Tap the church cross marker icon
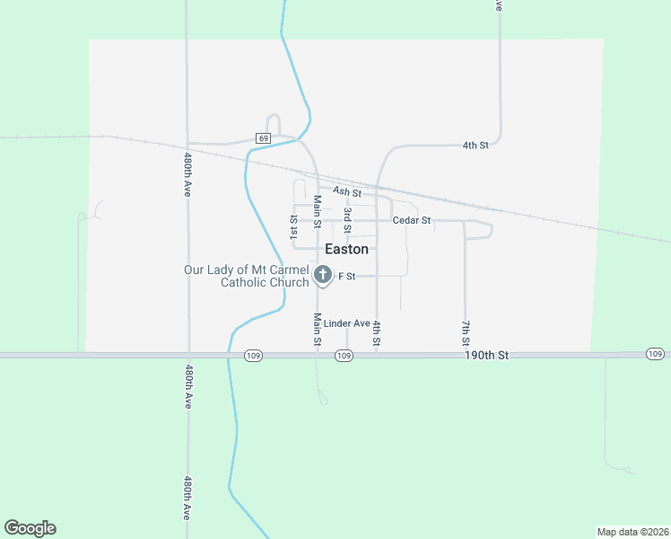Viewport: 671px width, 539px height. coord(322,276)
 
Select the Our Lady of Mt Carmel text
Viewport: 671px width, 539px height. coord(246,269)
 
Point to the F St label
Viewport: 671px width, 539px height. coord(347,276)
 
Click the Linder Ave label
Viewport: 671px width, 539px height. coord(347,323)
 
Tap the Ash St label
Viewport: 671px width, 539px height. coord(346,191)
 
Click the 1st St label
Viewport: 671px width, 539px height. coord(293,226)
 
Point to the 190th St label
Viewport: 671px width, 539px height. coord(487,356)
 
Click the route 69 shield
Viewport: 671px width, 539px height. coord(262,137)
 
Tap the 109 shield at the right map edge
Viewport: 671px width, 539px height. coord(655,355)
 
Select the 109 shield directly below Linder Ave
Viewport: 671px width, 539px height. coord(344,356)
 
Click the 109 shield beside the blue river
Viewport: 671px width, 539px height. coord(253,356)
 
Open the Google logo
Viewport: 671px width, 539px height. coord(30,528)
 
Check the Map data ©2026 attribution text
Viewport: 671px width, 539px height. coord(632,531)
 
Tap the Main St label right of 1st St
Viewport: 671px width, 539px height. coord(317,211)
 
